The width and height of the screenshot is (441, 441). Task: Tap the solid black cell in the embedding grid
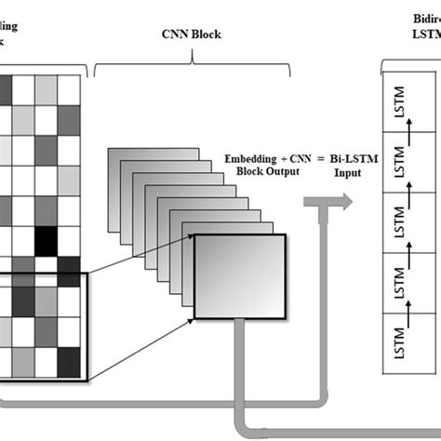[x=45, y=239]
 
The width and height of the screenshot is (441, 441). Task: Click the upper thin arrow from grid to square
[x=140, y=254]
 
